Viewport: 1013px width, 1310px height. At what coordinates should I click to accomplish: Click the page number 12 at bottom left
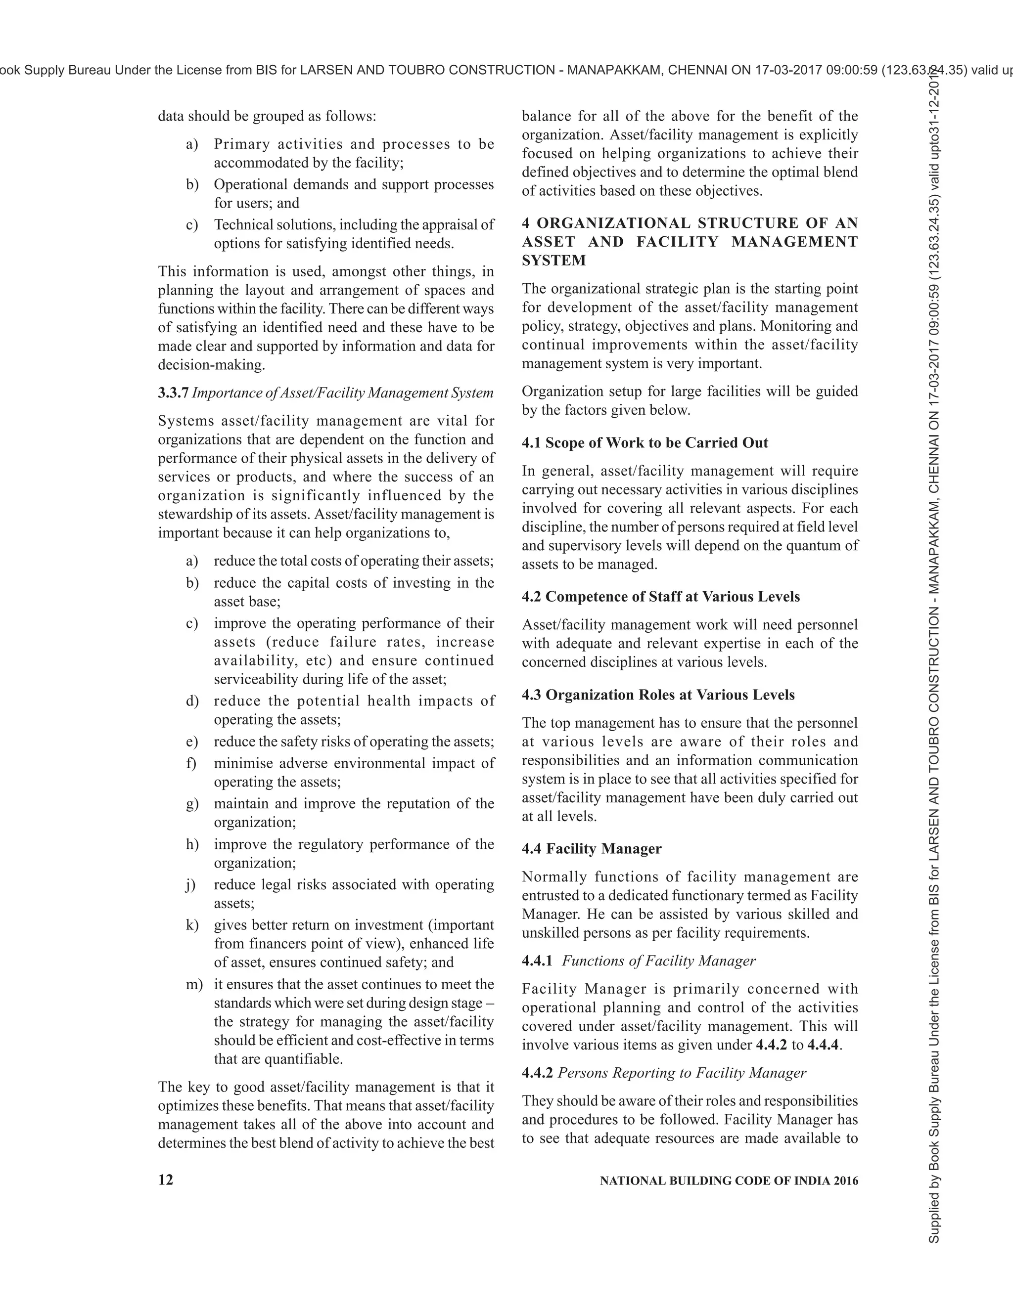coord(166,1180)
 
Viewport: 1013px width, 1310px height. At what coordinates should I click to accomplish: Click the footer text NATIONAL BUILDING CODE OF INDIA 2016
coord(729,1180)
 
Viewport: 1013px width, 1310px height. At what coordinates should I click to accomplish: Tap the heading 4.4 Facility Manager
coord(591,849)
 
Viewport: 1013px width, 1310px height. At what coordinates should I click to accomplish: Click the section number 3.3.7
coord(173,393)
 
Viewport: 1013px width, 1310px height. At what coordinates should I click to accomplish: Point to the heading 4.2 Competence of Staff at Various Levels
coord(660,597)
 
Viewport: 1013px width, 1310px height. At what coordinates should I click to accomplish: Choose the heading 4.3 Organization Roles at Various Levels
coord(658,695)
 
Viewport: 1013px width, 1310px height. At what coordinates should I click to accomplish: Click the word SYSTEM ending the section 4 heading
coord(553,261)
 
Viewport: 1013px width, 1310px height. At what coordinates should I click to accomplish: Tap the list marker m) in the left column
coord(194,984)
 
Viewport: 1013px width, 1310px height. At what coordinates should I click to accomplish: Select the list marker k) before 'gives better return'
coord(192,925)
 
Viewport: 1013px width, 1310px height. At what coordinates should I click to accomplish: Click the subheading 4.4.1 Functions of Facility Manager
coord(638,961)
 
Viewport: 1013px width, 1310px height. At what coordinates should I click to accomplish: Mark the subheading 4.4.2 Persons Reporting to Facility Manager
coord(663,1073)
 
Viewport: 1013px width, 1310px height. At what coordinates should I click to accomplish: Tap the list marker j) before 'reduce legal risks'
coord(191,885)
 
